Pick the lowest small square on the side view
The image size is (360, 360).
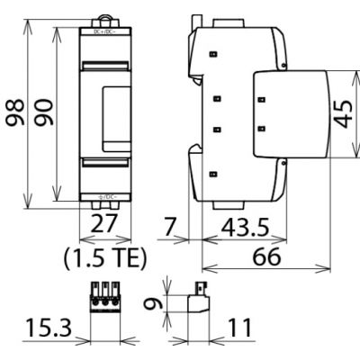pos(213,174)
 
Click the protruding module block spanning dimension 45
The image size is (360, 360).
pos(292,114)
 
